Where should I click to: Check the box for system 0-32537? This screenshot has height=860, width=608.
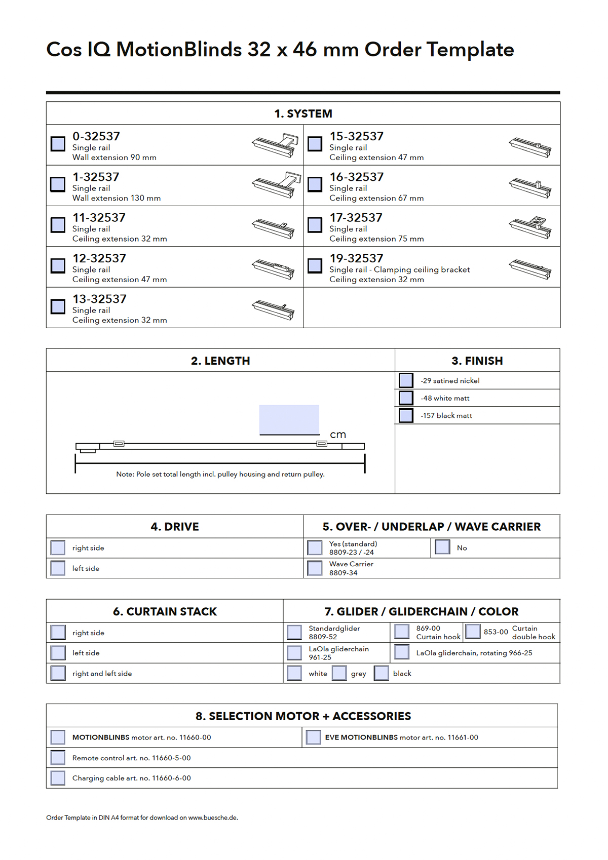tap(58, 144)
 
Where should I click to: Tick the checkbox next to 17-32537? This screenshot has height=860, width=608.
tap(315, 225)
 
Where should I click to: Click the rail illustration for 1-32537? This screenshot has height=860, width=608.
tap(276, 185)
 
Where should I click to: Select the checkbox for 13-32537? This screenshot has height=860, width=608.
tap(58, 306)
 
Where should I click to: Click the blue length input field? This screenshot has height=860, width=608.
tap(289, 419)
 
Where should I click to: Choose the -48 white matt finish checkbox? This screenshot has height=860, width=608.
tap(406, 398)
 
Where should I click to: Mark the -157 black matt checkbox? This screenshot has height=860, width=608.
tap(406, 415)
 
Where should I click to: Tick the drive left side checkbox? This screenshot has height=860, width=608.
tap(58, 568)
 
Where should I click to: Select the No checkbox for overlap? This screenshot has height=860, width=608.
tap(442, 547)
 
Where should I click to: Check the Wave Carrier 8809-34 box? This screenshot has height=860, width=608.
tap(315, 568)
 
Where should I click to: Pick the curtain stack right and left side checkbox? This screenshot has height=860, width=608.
tap(58, 673)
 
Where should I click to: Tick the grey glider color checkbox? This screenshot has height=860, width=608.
tap(339, 673)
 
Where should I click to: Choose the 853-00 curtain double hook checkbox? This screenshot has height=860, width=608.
tap(473, 632)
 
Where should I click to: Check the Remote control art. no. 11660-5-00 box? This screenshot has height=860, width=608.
tap(58, 758)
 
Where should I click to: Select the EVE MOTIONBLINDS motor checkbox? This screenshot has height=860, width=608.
tap(313, 737)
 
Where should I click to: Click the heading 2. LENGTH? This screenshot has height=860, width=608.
tap(220, 361)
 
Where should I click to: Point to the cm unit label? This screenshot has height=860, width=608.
tap(338, 435)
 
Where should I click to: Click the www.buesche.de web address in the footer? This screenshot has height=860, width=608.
tap(213, 817)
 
